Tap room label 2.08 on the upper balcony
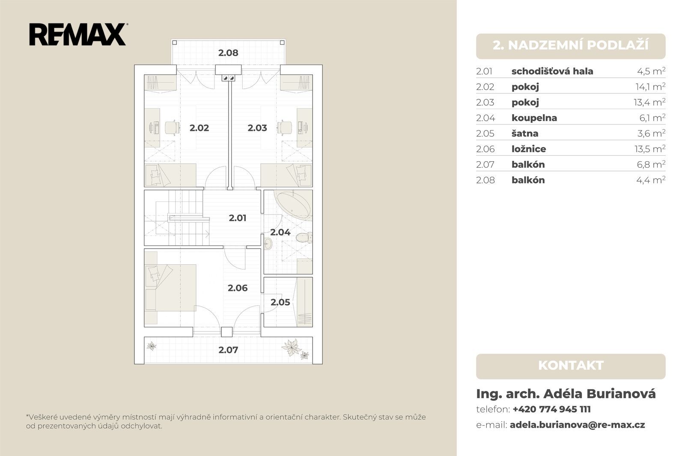228,53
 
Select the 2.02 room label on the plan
199,128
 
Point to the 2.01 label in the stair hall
238,218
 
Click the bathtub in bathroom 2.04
294,204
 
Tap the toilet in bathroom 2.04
304,237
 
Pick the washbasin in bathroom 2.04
268,244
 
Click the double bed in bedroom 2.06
171,287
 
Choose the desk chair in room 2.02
172,127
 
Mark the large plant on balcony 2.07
292,347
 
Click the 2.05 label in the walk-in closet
280,302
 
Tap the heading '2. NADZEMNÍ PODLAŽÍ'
571,45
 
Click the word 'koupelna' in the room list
534,118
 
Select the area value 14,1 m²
650,87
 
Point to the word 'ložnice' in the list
529,149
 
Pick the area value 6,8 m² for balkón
651,164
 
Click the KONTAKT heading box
571,367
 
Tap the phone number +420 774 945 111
552,409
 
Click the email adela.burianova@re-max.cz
578,425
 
